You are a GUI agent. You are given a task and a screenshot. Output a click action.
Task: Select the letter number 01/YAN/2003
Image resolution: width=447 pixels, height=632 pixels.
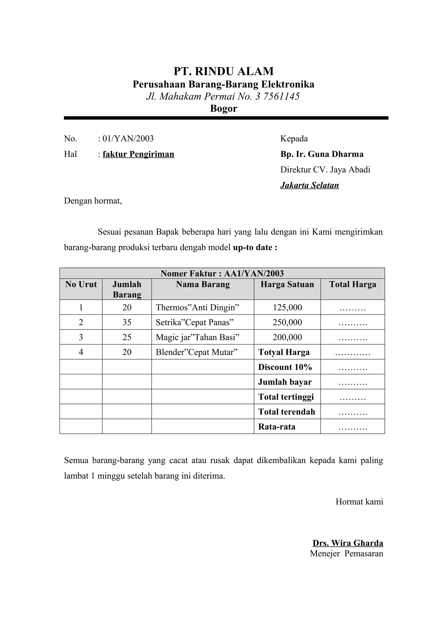(128, 138)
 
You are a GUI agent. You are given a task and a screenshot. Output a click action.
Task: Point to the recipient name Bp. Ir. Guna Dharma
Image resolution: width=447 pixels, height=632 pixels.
(322, 154)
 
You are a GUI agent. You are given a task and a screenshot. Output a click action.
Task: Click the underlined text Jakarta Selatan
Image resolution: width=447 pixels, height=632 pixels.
(309, 185)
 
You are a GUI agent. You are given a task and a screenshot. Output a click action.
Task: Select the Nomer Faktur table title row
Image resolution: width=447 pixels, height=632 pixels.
(222, 273)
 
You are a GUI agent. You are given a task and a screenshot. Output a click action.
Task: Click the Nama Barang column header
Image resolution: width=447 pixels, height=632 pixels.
(203, 284)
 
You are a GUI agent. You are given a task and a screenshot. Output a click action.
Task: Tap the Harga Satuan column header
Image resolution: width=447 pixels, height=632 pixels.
(287, 284)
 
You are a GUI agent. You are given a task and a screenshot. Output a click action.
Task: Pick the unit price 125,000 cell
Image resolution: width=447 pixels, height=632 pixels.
(287, 307)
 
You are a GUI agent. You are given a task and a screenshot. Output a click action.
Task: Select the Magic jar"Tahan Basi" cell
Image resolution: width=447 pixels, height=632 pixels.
(198, 337)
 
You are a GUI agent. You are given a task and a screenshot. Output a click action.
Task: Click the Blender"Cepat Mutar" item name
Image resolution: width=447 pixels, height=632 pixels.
(197, 352)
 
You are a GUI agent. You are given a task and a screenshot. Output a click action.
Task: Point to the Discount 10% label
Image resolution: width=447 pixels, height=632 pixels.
(285, 367)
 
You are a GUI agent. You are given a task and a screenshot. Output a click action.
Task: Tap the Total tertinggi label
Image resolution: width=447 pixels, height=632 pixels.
(286, 397)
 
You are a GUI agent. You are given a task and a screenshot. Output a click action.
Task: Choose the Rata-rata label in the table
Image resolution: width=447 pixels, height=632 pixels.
(277, 426)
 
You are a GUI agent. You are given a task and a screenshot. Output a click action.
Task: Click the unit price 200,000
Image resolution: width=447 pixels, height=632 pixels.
(287, 337)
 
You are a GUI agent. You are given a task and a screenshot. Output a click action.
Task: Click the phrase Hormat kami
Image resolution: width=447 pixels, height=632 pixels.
(359, 502)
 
